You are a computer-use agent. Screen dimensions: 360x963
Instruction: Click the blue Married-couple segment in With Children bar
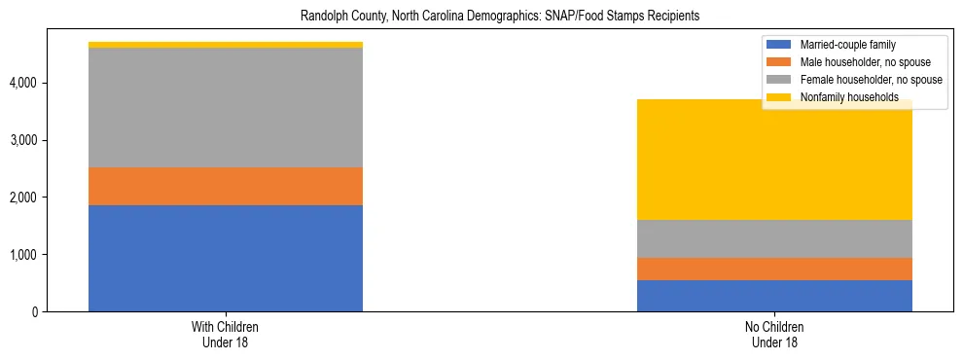pos(226,258)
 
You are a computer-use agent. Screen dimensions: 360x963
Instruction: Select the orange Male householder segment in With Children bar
pos(226,186)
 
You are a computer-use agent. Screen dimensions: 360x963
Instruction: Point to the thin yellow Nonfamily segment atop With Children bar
pos(226,45)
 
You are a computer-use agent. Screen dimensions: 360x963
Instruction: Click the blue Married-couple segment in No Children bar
pos(774,296)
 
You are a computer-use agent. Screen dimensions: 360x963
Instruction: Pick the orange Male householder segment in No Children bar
pos(774,269)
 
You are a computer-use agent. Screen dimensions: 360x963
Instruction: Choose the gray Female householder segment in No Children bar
pos(774,238)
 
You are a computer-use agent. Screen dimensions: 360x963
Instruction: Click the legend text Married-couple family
pos(848,45)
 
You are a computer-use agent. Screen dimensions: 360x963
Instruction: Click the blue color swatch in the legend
pos(779,45)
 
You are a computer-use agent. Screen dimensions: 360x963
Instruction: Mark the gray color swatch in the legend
pos(779,80)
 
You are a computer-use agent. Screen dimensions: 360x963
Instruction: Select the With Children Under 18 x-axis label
pos(226,335)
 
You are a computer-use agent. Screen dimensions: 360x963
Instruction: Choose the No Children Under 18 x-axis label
pos(774,335)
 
